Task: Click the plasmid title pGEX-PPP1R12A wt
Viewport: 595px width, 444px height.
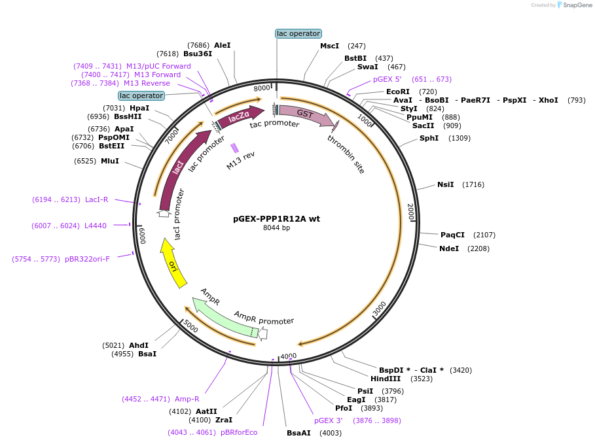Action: coord(276,219)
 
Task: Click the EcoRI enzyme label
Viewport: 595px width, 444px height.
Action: coord(397,92)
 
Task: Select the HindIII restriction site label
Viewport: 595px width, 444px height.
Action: coord(386,379)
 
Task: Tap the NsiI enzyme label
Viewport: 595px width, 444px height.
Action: coord(445,185)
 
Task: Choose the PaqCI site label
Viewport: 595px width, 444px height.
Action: coord(452,235)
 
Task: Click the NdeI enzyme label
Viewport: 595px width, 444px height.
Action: coord(450,248)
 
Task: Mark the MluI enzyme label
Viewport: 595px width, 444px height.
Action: coord(110,161)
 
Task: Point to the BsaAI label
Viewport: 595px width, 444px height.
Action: coord(298,433)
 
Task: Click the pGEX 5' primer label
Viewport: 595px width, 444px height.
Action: coord(387,79)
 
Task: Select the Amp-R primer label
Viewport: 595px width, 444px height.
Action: coord(187,399)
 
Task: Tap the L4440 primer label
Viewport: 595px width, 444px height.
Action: coord(95,226)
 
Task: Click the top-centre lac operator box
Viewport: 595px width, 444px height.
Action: coord(298,33)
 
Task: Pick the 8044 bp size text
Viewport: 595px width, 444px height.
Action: coord(276,228)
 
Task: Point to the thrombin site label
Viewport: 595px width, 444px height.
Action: coord(346,154)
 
